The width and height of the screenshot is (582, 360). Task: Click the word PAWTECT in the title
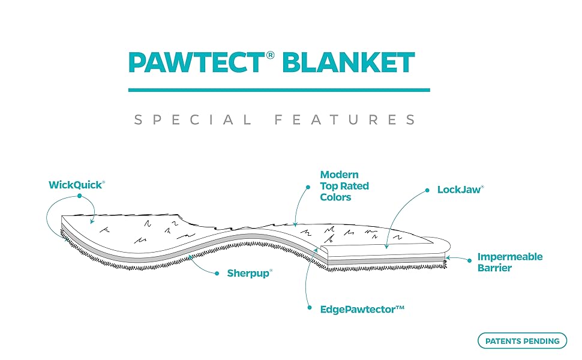[x=196, y=63]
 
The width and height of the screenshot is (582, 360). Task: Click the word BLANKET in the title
[x=349, y=63]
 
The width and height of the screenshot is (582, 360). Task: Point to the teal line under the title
[x=279, y=90]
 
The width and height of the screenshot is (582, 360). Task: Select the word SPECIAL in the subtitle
[x=193, y=120]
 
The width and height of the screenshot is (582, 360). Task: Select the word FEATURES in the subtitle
[x=344, y=120]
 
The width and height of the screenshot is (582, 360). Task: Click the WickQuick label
[x=76, y=185]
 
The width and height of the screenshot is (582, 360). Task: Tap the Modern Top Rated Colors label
[x=344, y=186]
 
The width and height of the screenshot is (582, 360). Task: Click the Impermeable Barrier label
[x=510, y=262]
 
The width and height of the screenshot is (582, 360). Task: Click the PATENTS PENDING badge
[x=522, y=341]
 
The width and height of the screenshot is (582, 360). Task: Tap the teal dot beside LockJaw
[x=427, y=190]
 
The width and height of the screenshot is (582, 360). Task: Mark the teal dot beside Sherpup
[x=217, y=273]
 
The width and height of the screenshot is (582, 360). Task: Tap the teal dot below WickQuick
[x=79, y=196]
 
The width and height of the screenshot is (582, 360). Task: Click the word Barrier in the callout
[x=494, y=268]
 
